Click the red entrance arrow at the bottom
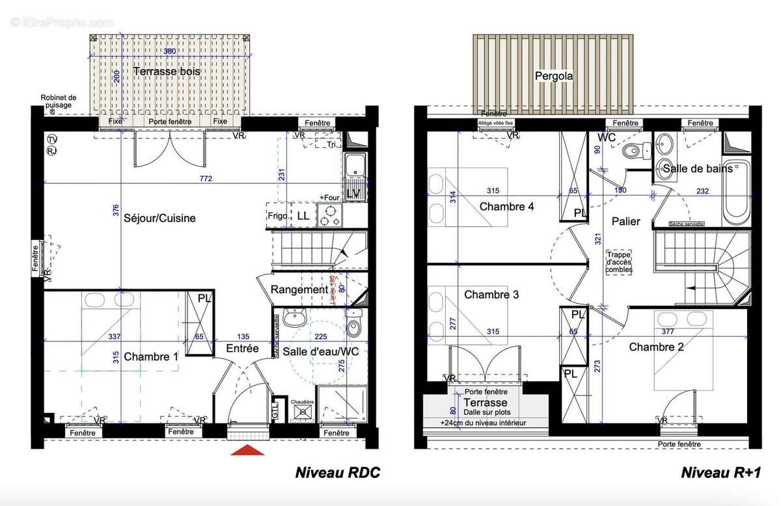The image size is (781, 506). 248,449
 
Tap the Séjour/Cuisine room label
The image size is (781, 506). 159,219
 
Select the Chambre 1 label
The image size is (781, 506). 150,356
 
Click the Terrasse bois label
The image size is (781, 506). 167,71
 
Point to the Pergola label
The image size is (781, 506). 554,76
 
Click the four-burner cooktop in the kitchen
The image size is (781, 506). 330,215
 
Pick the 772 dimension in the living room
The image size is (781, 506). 206,178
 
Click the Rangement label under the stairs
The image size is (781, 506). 299,289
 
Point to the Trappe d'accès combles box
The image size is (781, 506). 618,263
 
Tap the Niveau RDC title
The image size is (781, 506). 337,473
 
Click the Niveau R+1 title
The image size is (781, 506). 720,473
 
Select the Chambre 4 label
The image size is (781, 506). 507,207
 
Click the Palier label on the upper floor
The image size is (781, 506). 625,221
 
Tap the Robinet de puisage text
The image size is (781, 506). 59,101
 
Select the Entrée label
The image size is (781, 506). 242,349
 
